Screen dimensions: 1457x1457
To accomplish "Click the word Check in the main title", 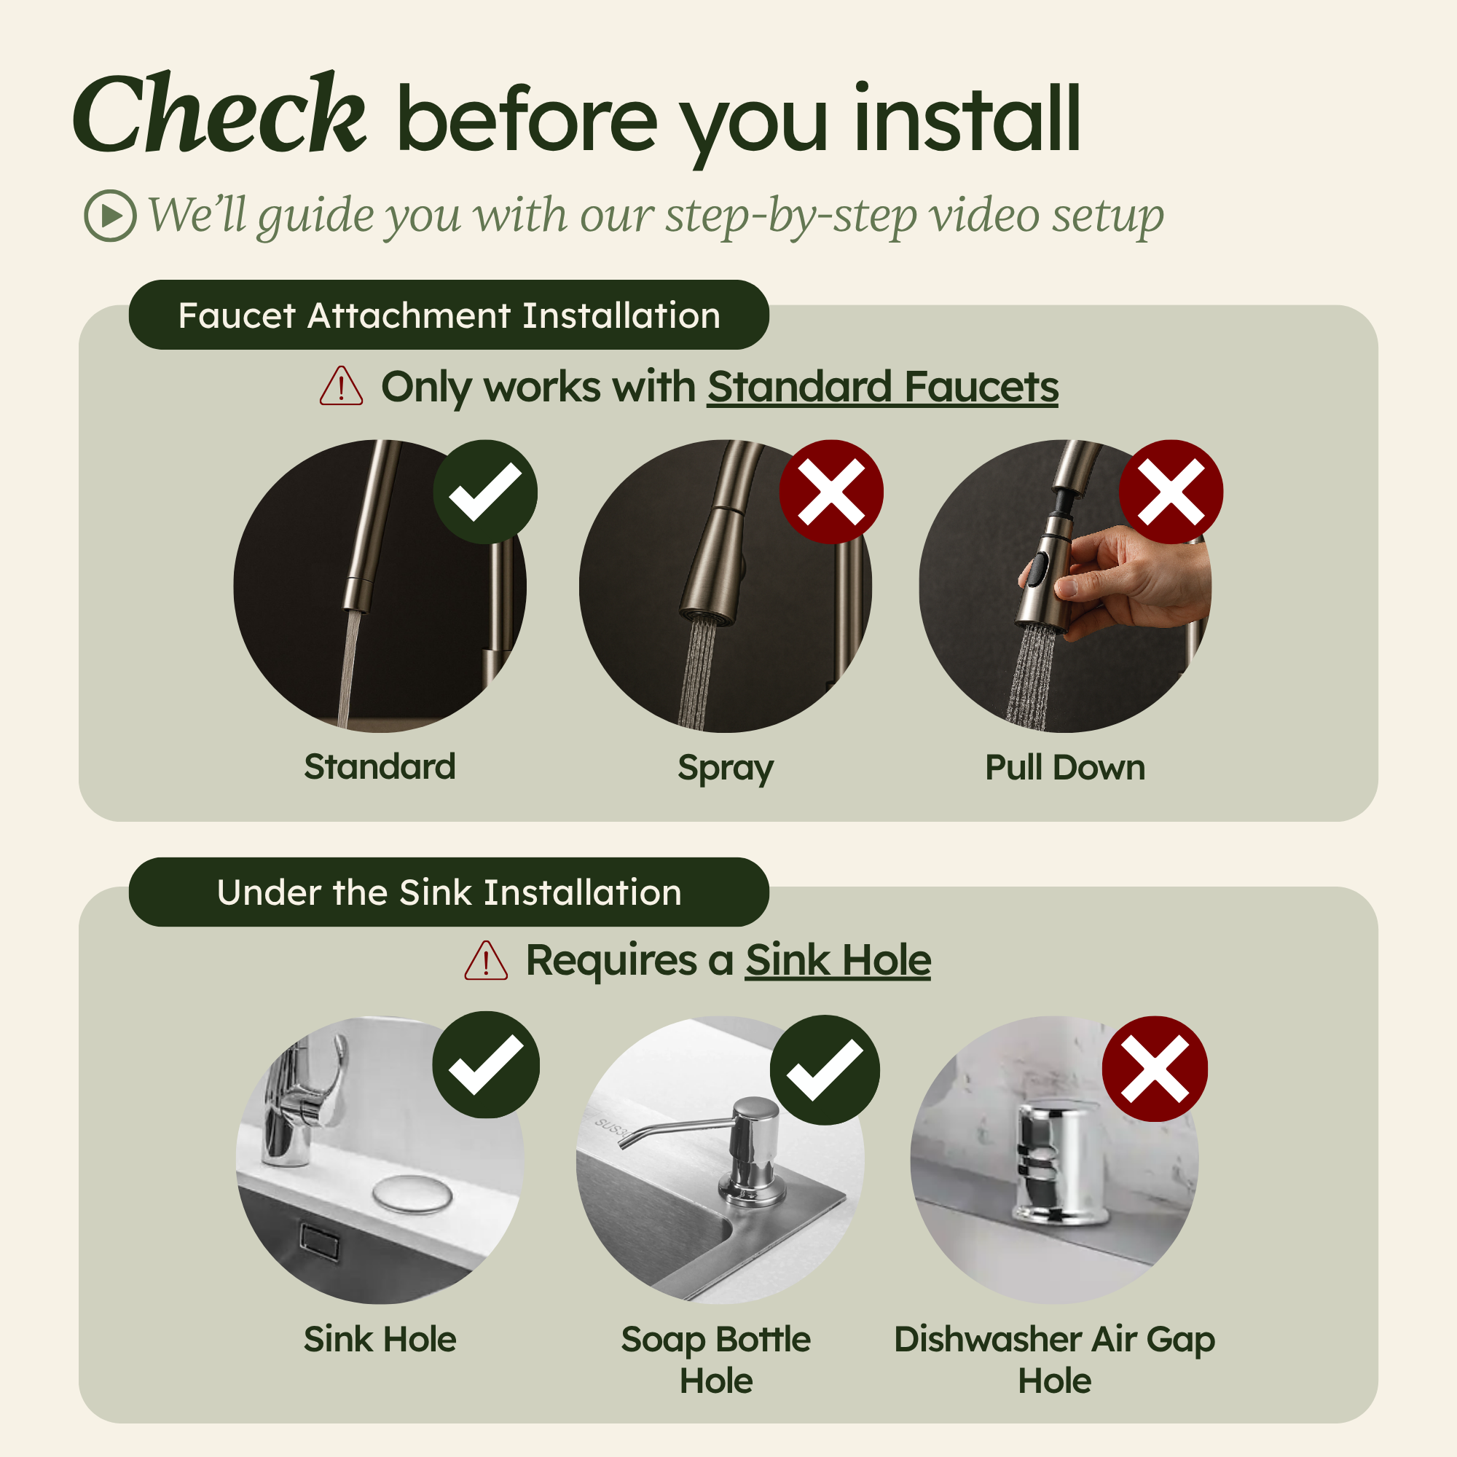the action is click(219, 113).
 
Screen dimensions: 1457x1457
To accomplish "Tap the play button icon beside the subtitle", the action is click(110, 216).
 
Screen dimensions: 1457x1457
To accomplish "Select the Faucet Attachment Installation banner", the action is click(449, 315).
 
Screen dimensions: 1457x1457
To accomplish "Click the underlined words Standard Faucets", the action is click(882, 387).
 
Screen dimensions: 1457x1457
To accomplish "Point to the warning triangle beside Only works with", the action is click(341, 386).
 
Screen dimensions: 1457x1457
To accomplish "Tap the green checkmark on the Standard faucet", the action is click(485, 492).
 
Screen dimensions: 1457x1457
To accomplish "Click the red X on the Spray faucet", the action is click(831, 492).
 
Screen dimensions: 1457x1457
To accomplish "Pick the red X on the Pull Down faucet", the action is click(1171, 492).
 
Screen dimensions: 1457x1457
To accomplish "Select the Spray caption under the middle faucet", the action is click(726, 769).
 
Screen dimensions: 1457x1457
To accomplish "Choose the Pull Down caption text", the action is click(1065, 768).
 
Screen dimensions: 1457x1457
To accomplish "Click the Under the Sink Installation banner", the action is click(449, 892).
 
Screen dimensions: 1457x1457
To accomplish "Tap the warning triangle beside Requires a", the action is click(486, 961).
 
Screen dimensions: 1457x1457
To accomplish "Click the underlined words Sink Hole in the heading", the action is click(838, 961).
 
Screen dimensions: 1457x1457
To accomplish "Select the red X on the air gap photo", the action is click(1155, 1069).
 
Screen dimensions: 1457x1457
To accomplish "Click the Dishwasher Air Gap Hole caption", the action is click(1054, 1359).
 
